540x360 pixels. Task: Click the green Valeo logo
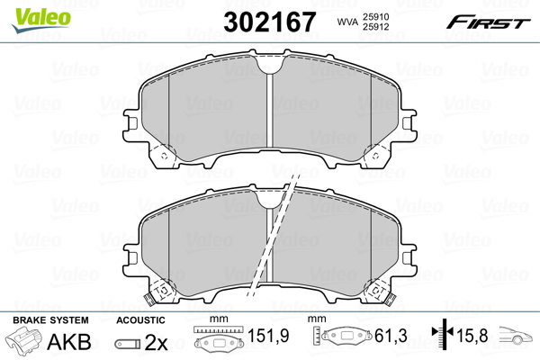(41, 19)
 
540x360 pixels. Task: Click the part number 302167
(269, 22)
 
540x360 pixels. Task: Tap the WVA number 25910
(375, 17)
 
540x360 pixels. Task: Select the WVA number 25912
(375, 27)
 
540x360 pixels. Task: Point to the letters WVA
(347, 22)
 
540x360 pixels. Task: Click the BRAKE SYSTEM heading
(50, 320)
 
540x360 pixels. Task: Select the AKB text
(69, 341)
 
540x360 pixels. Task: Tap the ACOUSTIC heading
(140, 320)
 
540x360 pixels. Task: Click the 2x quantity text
(156, 342)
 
